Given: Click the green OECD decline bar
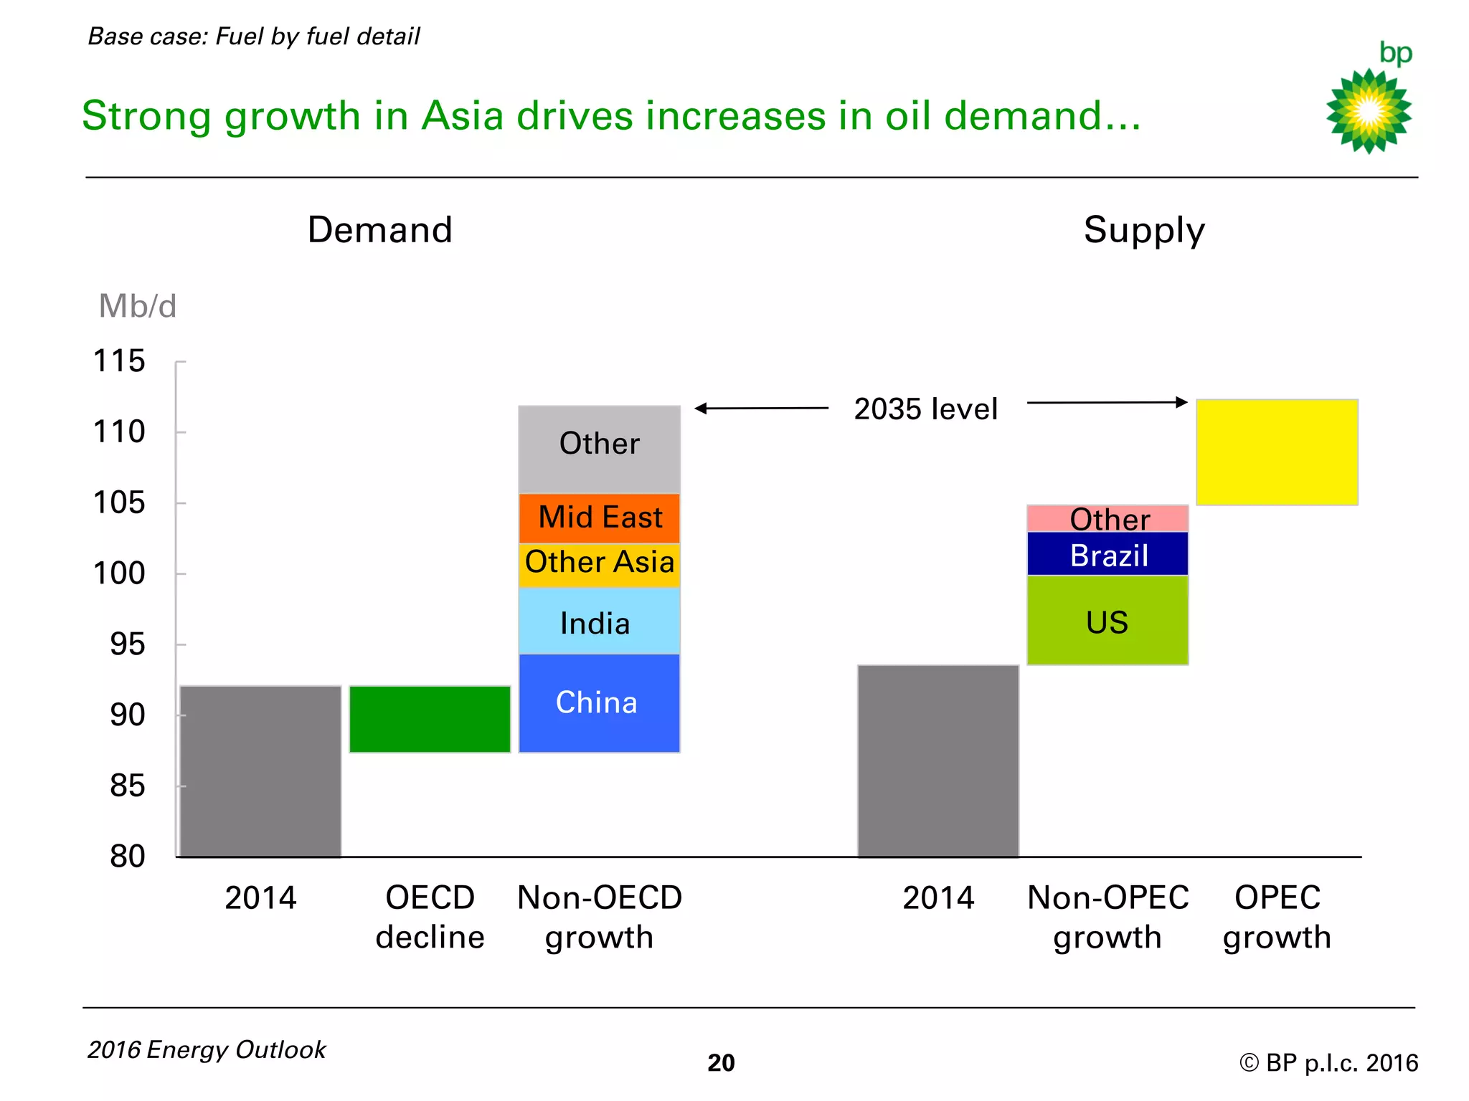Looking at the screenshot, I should (430, 719).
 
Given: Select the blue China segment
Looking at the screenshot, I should (599, 703).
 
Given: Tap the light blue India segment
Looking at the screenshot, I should (599, 621).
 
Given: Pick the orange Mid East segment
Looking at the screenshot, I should (599, 518).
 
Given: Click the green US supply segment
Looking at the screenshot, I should (1107, 621).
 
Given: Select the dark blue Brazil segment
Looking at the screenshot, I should (1107, 554).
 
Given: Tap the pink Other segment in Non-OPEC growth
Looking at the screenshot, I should (1107, 518).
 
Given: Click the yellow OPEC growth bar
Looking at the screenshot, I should (1277, 452).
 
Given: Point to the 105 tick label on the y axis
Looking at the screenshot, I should (119, 502).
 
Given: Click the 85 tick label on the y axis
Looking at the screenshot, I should (127, 786).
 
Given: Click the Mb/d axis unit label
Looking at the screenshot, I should (137, 306).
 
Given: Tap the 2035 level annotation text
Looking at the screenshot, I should (925, 409).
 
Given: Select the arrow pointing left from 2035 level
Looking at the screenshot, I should (761, 408).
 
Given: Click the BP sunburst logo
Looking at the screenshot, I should (1369, 110).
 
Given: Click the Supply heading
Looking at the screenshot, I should (1144, 230).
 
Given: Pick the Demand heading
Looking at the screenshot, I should (379, 230).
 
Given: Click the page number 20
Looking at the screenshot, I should (721, 1062).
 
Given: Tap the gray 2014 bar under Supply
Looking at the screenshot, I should (937, 761).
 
